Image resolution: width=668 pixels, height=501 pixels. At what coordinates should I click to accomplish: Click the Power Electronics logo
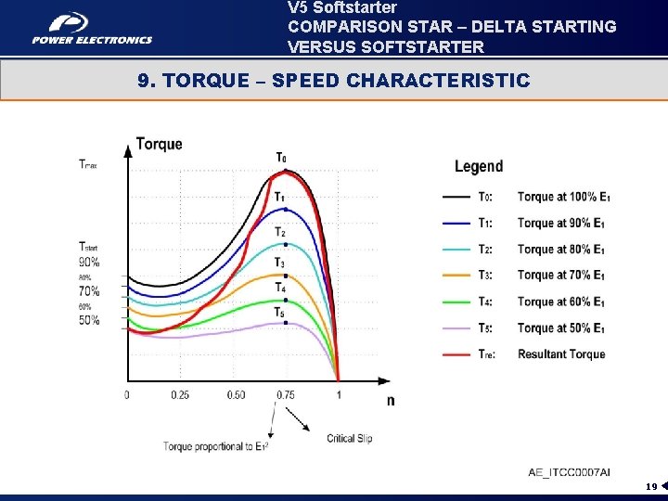coord(92,28)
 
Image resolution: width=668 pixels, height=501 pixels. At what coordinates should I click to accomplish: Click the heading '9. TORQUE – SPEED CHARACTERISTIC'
coord(333,81)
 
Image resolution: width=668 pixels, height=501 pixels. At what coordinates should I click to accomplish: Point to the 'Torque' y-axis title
coord(160,144)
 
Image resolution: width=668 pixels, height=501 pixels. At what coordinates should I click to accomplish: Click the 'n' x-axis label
coord(390,400)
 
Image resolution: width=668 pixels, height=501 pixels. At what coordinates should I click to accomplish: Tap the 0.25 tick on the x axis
coord(180,395)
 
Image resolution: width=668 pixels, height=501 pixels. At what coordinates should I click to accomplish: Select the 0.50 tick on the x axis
coord(236,395)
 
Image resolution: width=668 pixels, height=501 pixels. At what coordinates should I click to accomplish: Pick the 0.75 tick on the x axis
coord(286,395)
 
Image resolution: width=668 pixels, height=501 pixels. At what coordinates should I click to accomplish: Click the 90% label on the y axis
coord(89,263)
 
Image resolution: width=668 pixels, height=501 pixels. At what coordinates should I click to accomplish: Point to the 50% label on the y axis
coord(89,321)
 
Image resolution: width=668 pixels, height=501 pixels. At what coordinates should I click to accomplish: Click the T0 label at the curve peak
coord(281,157)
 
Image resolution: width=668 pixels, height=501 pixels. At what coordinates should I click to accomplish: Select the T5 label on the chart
coord(280,313)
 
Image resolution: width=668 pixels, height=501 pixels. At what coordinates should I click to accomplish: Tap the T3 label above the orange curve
coord(280,263)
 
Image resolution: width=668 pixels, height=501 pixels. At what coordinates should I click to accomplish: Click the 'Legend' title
coord(479,167)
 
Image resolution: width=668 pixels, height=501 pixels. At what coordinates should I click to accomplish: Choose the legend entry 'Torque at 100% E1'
coord(561,197)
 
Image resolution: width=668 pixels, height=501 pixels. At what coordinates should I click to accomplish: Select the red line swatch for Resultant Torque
coord(457,354)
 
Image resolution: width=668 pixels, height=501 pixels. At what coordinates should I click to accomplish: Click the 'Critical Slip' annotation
coord(350,438)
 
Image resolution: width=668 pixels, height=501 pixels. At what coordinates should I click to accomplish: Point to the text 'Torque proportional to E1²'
coord(216,446)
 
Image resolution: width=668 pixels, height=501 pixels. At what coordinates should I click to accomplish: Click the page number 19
coord(652,486)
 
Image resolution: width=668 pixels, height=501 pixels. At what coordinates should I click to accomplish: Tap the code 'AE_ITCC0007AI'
coord(570,472)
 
